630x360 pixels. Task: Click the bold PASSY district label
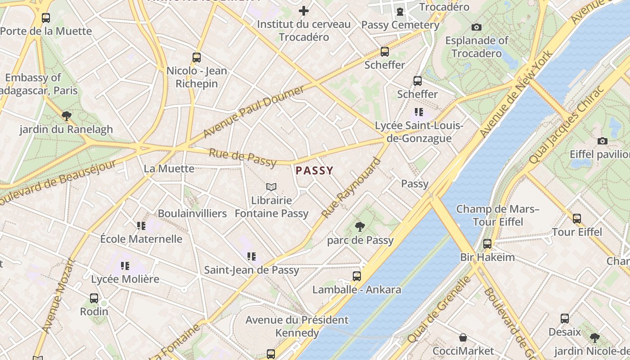pos(315,171)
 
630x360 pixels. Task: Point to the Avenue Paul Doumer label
pos(253,112)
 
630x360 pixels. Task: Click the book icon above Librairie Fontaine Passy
pos(271,187)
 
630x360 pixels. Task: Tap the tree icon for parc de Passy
pos(360,226)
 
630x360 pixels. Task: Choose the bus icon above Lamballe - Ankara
pos(357,276)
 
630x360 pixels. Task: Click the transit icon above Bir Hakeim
pos(487,244)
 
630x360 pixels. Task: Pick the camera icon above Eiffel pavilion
pos(603,141)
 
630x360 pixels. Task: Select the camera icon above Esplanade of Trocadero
pos(477,27)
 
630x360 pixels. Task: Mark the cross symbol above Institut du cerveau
pos(304,10)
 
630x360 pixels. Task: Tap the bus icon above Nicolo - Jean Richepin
pos(197,57)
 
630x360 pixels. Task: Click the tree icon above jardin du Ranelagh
pos(67,116)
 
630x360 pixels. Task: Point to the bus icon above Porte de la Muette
pos(46,18)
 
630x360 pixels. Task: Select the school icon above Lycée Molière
pos(125,266)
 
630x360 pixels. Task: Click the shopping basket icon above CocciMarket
pos(463,337)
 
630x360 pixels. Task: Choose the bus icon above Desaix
pos(565,319)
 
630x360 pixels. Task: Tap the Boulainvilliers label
pos(192,213)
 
